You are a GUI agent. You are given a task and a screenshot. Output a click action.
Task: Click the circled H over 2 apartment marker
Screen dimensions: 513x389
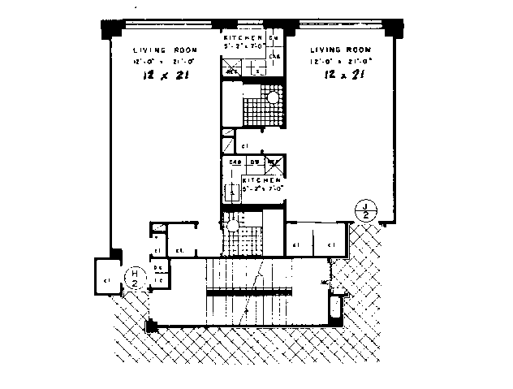(x=136, y=279)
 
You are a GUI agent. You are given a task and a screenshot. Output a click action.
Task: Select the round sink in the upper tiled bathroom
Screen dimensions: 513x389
(x=274, y=99)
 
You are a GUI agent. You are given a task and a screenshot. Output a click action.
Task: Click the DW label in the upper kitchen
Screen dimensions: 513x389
(x=274, y=38)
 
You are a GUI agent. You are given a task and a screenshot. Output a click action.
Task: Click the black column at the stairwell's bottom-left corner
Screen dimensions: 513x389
(x=149, y=326)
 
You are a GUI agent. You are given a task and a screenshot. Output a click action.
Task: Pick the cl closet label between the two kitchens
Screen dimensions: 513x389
(x=246, y=145)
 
